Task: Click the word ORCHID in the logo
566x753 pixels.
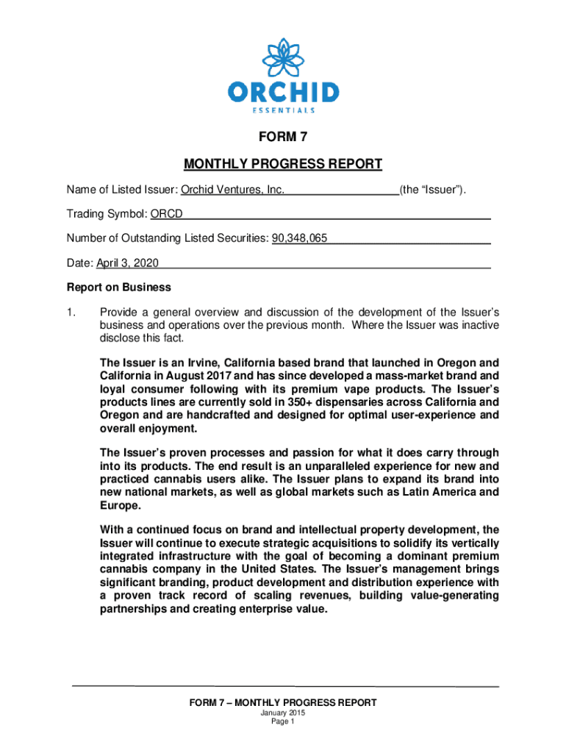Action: pyautogui.click(x=283, y=93)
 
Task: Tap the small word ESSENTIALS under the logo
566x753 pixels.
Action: pyautogui.click(x=283, y=110)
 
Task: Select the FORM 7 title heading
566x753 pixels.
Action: pyautogui.click(x=282, y=138)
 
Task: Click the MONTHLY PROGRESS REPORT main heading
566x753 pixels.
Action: pyautogui.click(x=282, y=163)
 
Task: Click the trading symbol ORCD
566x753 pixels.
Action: pyautogui.click(x=167, y=214)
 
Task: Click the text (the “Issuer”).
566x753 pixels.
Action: pyautogui.click(x=433, y=190)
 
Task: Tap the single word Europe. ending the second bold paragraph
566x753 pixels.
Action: pyautogui.click(x=118, y=505)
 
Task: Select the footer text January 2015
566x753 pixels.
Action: pyautogui.click(x=282, y=714)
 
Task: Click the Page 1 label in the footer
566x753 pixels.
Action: pyautogui.click(x=282, y=723)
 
